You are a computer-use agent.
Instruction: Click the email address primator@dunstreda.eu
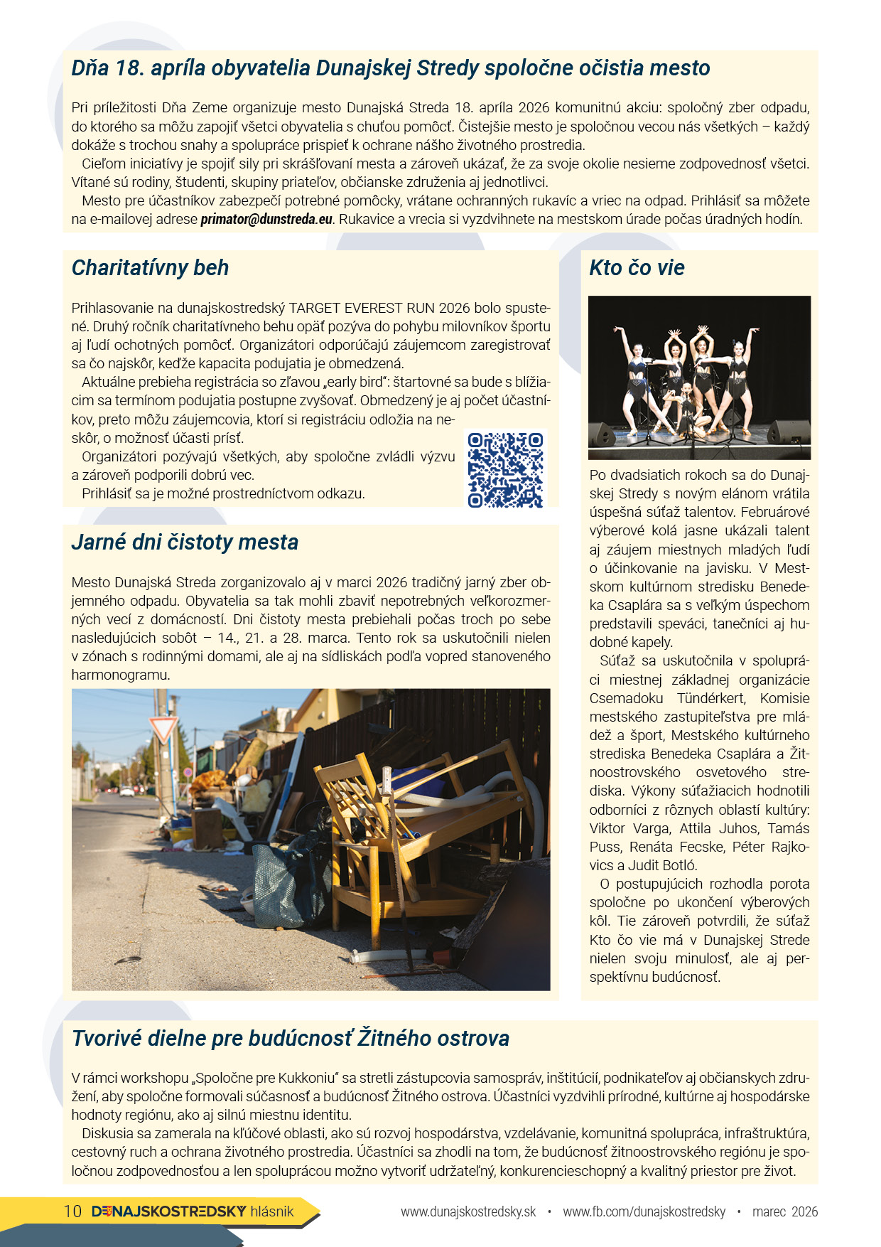click(x=266, y=220)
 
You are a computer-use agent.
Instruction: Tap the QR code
click(x=505, y=470)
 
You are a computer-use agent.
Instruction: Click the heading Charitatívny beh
click(x=150, y=268)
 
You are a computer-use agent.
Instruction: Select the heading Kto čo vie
click(x=637, y=268)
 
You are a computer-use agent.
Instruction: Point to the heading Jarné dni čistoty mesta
click(x=185, y=542)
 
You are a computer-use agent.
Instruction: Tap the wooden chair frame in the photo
click(x=398, y=832)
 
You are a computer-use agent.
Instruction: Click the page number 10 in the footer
click(x=72, y=1211)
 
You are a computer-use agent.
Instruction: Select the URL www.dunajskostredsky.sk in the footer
click(x=468, y=1211)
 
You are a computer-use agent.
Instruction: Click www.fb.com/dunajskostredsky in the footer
click(x=644, y=1211)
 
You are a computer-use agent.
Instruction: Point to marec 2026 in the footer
click(x=784, y=1211)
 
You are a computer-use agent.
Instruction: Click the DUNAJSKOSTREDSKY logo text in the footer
click(x=169, y=1211)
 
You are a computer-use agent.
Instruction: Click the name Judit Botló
click(x=661, y=866)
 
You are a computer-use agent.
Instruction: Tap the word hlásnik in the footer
click(x=271, y=1211)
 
